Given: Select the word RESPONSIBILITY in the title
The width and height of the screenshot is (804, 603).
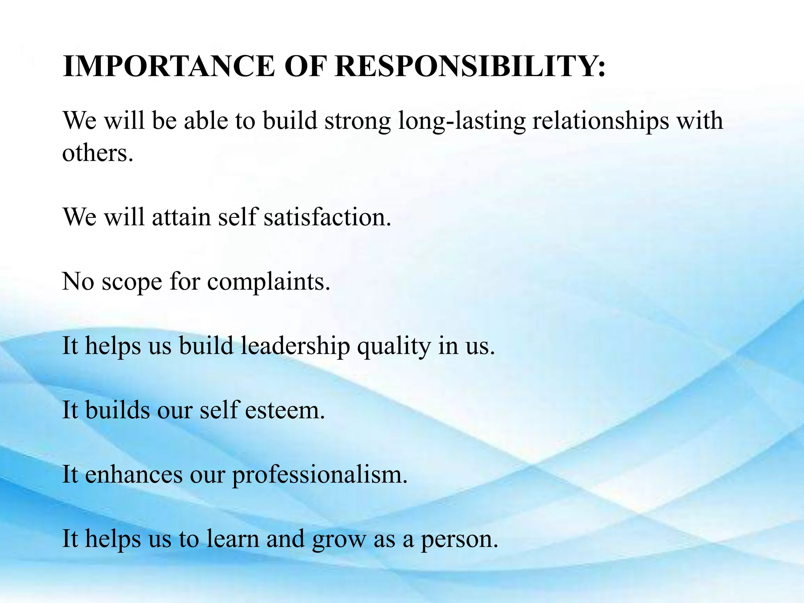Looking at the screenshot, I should [x=470, y=66].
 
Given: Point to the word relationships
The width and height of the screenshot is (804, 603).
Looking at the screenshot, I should [x=600, y=121].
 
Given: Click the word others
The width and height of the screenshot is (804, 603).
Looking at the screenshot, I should [x=97, y=153].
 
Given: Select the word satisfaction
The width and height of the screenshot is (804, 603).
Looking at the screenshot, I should [x=327, y=217].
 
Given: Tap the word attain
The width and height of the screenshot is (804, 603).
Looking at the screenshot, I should [x=181, y=217].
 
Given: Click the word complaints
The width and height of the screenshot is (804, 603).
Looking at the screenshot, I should [x=269, y=282].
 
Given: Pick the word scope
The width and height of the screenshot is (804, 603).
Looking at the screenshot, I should [x=132, y=282].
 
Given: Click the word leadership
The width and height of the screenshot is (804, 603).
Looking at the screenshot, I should [x=295, y=346].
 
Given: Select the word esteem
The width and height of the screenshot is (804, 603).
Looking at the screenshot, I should [x=285, y=410].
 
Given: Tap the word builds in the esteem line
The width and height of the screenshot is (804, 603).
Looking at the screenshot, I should [x=117, y=410].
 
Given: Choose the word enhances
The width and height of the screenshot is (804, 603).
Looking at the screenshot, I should [x=133, y=475].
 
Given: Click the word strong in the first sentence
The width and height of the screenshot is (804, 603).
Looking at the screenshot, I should [x=358, y=121].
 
